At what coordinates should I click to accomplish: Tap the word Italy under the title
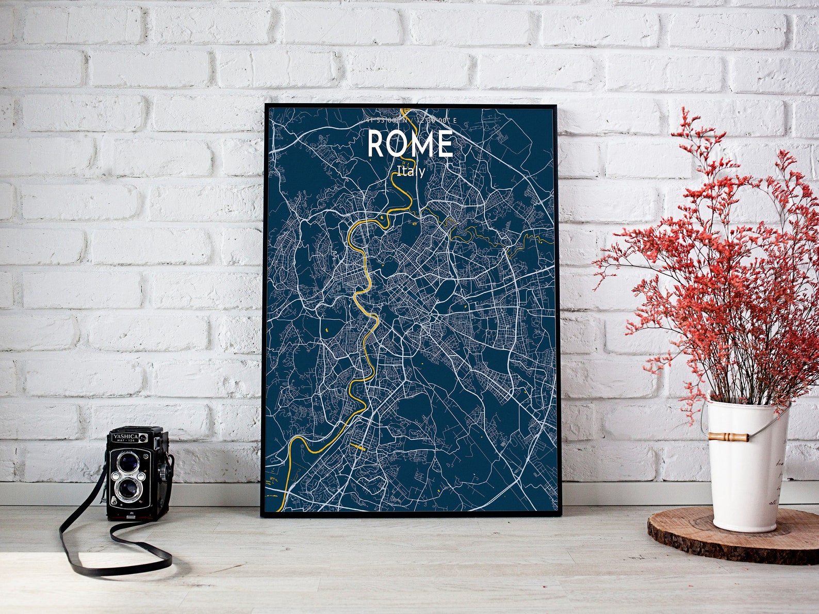point(411,171)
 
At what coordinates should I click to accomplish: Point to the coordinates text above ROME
point(411,121)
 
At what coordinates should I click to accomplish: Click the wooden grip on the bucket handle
point(728,437)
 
